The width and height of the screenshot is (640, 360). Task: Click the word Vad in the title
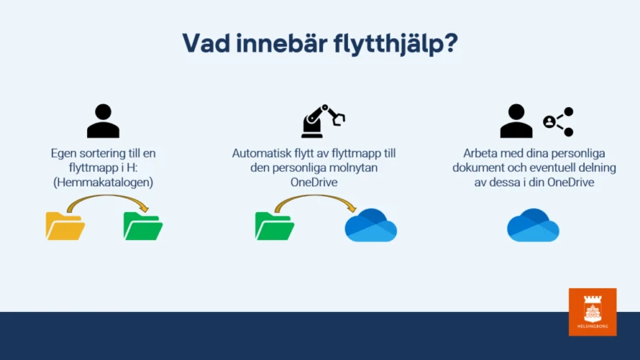tap(206, 43)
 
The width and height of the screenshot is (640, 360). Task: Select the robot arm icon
tap(323, 121)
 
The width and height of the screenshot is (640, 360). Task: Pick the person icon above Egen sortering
tap(103, 121)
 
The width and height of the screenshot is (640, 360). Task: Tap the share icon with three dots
tap(558, 122)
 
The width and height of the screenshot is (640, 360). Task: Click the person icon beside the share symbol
tap(516, 121)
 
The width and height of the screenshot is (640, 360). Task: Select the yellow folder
tap(65, 226)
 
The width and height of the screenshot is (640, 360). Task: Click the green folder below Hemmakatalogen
tap(143, 226)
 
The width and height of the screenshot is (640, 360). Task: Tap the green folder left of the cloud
tap(274, 226)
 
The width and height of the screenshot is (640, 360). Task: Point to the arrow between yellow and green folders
tap(107, 196)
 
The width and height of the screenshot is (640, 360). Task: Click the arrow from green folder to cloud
tap(315, 196)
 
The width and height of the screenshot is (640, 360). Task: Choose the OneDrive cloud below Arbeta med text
tap(533, 226)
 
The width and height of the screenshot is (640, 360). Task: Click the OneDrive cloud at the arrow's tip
tap(370, 226)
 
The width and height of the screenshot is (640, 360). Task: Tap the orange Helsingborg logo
tap(593, 312)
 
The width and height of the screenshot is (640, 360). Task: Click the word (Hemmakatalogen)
tap(103, 182)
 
